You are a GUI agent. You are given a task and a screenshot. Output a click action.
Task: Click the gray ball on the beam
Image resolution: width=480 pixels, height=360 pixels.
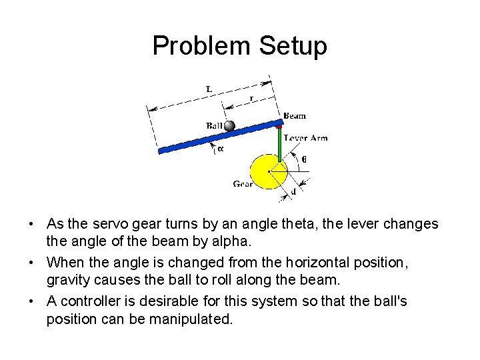coord(230,125)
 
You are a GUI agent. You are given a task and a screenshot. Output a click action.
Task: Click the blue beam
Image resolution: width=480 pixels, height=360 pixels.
coord(200,138)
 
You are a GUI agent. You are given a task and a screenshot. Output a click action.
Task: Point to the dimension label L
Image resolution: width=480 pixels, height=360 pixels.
coord(209,89)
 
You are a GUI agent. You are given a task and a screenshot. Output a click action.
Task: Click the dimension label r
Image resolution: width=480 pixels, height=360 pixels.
coord(251,99)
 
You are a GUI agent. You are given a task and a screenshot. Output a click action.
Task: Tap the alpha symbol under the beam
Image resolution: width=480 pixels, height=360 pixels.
coord(220,149)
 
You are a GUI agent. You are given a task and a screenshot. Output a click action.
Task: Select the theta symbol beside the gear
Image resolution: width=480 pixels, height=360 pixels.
coord(304,159)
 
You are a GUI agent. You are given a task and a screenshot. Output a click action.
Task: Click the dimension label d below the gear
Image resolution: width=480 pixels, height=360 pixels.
coord(294,192)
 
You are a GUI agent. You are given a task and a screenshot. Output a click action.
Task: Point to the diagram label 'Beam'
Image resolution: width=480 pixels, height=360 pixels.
coord(294,116)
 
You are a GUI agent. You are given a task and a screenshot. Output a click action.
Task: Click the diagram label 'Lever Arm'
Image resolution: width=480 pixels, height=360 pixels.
coord(305,138)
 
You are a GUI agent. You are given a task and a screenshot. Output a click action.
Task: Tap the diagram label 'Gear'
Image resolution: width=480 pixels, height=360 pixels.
coord(243,184)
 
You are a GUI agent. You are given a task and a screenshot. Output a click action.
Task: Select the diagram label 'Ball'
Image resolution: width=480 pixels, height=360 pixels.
coord(215,125)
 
